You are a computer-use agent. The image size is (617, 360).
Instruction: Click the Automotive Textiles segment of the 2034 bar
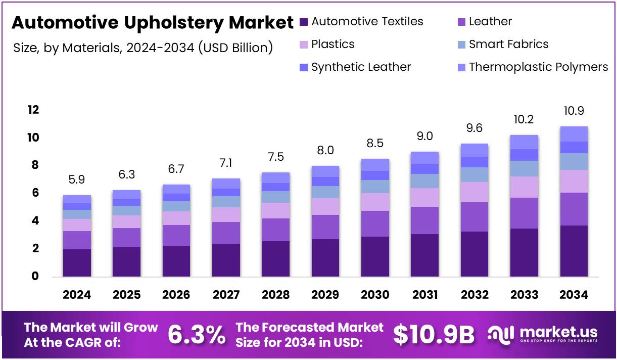click(574, 251)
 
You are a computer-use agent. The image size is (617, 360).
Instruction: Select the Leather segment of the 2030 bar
click(375, 223)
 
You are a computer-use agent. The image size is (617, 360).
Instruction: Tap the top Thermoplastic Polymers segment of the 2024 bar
click(77, 199)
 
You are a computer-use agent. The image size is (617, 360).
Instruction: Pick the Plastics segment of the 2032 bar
click(474, 192)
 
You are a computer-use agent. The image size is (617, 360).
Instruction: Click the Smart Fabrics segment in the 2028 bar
click(275, 197)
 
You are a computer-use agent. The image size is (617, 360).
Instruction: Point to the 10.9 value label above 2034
click(574, 111)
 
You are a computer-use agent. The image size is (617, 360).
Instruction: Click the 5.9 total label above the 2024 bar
click(77, 179)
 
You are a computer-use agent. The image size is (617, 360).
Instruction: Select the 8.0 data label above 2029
click(325, 150)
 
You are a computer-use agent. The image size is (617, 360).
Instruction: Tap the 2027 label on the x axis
click(226, 295)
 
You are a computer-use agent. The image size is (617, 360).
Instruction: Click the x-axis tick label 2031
click(424, 295)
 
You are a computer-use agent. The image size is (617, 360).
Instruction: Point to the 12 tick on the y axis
click(33, 110)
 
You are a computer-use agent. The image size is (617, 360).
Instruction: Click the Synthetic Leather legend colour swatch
click(303, 67)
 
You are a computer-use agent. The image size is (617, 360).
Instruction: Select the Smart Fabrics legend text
click(508, 44)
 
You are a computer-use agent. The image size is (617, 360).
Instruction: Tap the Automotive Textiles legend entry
click(367, 22)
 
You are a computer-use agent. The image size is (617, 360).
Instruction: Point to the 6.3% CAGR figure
click(197, 334)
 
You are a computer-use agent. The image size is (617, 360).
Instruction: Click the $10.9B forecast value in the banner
click(434, 334)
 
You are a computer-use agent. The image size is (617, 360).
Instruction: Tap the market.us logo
click(543, 334)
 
